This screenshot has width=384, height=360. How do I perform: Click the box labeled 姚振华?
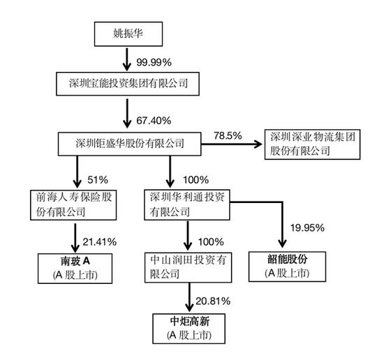click(x=128, y=33)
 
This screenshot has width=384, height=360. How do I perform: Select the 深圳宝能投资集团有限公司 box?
click(x=128, y=84)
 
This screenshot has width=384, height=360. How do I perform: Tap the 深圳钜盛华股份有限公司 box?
click(x=130, y=144)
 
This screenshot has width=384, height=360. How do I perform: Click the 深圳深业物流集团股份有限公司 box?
click(x=312, y=144)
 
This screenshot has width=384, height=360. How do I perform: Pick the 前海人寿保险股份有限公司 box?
click(x=73, y=205)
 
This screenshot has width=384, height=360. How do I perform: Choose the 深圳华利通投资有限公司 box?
click(x=187, y=205)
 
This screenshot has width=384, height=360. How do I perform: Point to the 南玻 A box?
click(x=75, y=268)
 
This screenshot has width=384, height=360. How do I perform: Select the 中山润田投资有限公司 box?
click(x=188, y=267)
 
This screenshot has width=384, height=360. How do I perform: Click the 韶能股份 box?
click(x=287, y=267)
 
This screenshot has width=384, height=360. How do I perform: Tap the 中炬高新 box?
click(x=189, y=329)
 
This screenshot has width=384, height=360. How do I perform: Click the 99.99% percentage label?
click(x=154, y=62)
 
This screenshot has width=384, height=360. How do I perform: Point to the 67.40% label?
click(x=154, y=121)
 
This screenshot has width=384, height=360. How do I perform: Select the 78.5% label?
click(x=228, y=135)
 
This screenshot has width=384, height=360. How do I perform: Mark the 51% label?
click(x=98, y=180)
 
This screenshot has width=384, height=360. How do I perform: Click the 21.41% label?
click(x=99, y=242)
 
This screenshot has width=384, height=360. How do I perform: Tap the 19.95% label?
click(x=307, y=228)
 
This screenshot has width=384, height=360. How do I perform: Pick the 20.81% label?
click(x=213, y=301)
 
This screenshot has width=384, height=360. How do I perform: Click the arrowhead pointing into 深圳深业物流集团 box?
click(x=258, y=144)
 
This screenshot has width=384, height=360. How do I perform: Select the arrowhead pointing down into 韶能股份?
click(x=282, y=243)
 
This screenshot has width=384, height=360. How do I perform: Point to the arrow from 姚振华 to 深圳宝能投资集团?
click(x=127, y=59)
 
